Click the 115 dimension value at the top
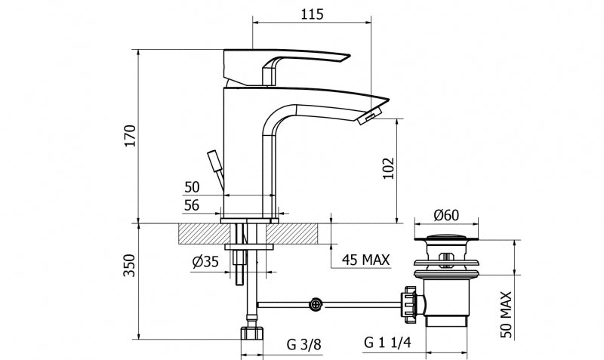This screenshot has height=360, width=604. click(311, 14)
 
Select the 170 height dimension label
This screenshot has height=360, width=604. click(130, 136)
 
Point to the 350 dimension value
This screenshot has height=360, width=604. click(130, 264)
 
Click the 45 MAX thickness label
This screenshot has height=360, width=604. click(365, 261)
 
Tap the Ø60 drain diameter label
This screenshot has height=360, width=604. click(445, 214)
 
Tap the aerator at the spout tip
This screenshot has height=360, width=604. click(371, 115)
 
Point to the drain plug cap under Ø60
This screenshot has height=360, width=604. click(446, 241)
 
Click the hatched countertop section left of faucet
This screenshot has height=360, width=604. click(199, 233)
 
